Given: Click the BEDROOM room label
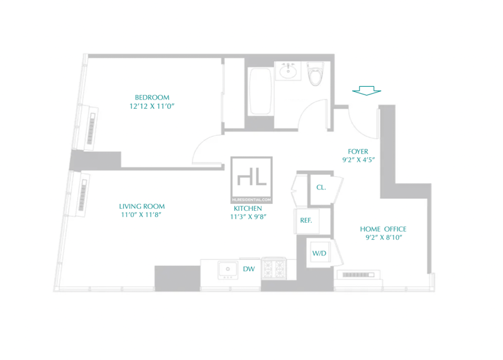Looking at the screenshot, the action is (x=152, y=98).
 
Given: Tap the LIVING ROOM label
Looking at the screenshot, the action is (x=142, y=206).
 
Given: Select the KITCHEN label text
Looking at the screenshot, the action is (x=248, y=208).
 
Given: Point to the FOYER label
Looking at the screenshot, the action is (x=358, y=152).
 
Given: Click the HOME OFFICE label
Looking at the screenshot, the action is (x=383, y=229).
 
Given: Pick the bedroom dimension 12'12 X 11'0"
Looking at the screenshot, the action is (x=152, y=106).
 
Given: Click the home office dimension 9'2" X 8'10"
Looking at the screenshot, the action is (x=384, y=238).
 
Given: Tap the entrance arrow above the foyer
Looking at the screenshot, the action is (x=367, y=91).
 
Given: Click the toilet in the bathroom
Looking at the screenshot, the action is (x=315, y=74).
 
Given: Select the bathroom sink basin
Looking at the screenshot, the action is (x=288, y=71).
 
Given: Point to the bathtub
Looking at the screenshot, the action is (x=260, y=91).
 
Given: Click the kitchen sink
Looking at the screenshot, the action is (x=228, y=270).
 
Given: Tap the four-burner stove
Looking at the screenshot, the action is (x=274, y=269).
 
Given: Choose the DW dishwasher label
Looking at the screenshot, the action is (x=248, y=269).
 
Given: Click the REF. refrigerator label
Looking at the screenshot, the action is (x=306, y=221).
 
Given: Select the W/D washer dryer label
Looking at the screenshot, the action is (x=319, y=254).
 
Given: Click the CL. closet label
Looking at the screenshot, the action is (x=321, y=187).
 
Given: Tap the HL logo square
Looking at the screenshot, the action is (x=251, y=180).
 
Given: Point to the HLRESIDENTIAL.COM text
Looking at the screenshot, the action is (x=251, y=200).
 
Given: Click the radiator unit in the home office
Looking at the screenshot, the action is (x=358, y=275).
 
